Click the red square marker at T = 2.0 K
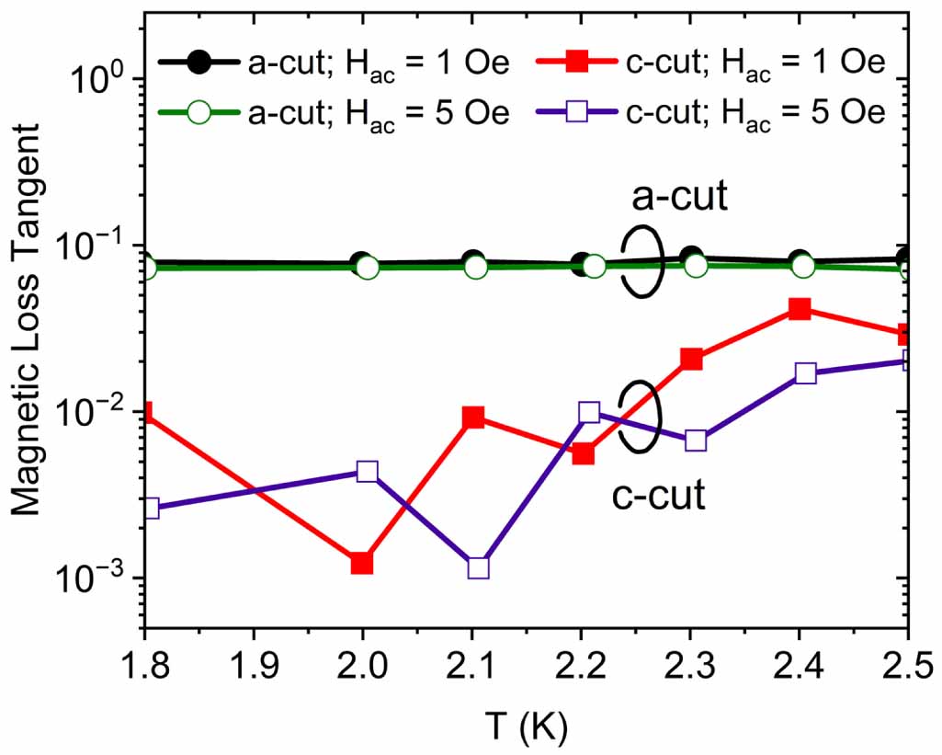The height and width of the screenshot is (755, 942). point(362,563)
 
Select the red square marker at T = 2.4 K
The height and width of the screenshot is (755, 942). point(800,309)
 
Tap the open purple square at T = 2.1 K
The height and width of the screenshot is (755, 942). point(478,567)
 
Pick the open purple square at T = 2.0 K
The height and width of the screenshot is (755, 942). point(368,472)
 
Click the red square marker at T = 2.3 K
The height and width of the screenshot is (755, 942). point(691,359)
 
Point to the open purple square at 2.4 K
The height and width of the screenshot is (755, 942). point(805,372)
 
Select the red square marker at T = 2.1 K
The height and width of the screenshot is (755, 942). point(473,418)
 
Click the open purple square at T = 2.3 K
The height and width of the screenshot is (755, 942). point(696,440)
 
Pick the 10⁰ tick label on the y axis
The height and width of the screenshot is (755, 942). point(103,80)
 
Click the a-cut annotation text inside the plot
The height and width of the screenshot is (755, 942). point(679,198)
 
